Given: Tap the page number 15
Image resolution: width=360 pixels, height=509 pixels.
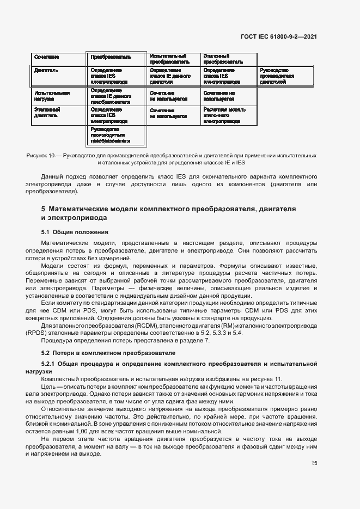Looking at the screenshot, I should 314,463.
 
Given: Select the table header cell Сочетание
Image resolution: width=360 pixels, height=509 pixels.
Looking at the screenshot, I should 47,57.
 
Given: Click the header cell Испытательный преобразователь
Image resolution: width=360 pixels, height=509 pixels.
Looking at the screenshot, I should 168,59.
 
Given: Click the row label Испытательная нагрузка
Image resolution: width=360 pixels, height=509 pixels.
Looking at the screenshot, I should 52,96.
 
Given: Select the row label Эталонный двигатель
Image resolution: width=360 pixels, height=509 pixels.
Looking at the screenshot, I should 47,113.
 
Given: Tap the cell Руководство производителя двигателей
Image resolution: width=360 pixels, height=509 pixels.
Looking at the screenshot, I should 277,76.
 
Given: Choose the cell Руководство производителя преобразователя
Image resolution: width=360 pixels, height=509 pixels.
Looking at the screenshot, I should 111,135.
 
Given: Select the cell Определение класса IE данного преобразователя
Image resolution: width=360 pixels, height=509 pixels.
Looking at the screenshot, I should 111,96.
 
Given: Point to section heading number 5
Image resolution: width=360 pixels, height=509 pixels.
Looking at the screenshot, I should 44,209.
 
